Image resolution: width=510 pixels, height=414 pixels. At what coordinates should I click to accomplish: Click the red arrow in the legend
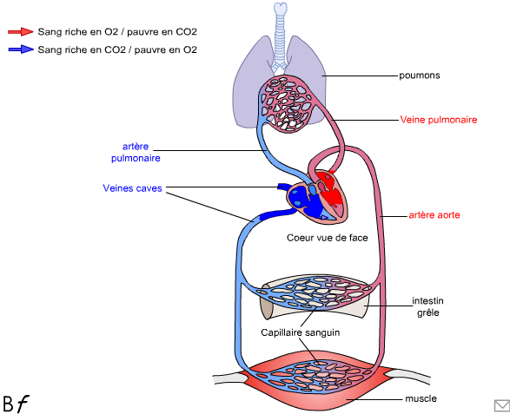[x=21, y=31]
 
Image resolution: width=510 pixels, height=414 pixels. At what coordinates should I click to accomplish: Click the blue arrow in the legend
[x=21, y=49]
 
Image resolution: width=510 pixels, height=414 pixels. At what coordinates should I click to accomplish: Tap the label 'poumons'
[x=420, y=76]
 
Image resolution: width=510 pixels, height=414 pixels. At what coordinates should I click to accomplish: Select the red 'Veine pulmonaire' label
[x=439, y=120]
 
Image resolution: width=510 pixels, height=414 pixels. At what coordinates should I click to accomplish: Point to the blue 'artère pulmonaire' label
[x=136, y=152]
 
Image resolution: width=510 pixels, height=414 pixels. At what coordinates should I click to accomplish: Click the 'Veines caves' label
[x=132, y=188]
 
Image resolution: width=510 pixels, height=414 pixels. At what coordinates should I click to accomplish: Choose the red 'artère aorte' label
[x=434, y=215]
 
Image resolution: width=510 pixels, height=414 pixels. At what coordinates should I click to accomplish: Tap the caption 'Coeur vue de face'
[x=328, y=238]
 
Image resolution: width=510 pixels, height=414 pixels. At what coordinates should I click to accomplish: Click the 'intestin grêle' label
[x=427, y=306]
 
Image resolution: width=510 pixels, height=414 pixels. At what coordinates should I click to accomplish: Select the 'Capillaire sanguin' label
[x=301, y=332]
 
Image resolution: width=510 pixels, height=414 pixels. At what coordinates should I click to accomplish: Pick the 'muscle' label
[x=421, y=398]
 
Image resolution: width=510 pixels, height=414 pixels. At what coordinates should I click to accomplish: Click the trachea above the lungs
[x=280, y=36]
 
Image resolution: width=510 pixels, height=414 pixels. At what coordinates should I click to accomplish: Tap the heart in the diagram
[x=317, y=197]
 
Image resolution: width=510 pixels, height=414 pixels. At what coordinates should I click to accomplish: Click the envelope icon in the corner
[x=501, y=406]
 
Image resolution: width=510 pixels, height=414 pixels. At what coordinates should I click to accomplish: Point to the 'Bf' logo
[x=16, y=404]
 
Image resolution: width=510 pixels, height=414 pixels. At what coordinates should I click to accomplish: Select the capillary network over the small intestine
[x=314, y=292]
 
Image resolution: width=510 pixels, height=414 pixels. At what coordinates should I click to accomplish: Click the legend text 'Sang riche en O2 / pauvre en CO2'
[x=117, y=32]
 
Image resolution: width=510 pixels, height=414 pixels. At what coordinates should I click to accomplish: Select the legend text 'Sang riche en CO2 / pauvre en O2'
[x=117, y=49]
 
